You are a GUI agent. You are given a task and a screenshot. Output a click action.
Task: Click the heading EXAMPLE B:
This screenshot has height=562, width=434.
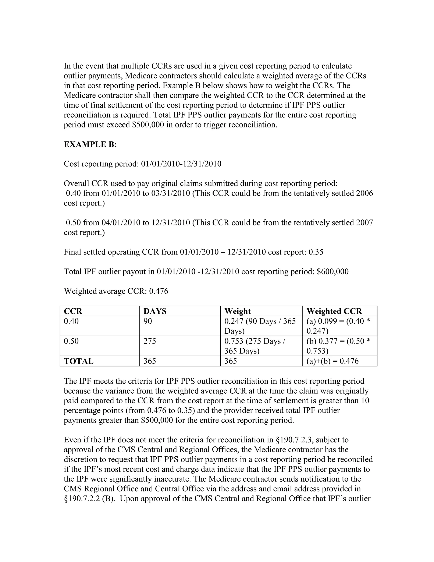(90, 144)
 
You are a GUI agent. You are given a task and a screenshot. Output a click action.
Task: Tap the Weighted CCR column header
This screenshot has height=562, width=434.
(334, 311)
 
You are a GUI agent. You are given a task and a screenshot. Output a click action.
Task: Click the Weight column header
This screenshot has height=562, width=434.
(237, 311)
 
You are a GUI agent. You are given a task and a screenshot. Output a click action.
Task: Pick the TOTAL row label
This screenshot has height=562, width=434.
(79, 361)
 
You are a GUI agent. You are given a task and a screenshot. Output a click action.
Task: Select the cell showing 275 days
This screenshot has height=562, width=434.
(150, 341)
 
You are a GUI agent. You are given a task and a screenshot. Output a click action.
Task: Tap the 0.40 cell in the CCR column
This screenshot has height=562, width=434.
(71, 321)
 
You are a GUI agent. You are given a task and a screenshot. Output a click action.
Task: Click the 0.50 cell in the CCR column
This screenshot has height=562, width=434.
(71, 341)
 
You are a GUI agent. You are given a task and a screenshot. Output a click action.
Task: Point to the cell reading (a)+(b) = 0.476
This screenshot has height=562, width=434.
(332, 361)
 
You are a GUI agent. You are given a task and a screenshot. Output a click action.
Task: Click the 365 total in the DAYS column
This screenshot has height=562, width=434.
(150, 361)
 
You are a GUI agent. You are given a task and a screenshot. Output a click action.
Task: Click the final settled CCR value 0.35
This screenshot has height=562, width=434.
(316, 252)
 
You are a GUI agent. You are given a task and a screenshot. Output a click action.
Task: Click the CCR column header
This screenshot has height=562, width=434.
(73, 311)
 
